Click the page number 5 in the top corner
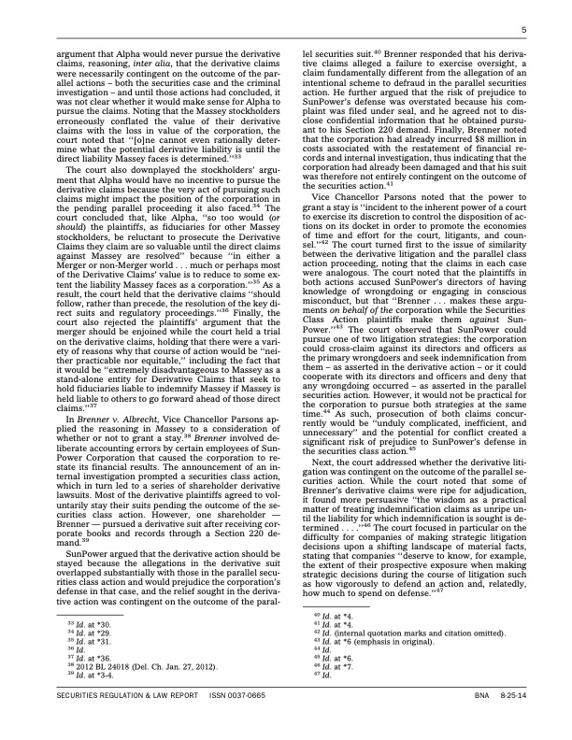tap(524, 31)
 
